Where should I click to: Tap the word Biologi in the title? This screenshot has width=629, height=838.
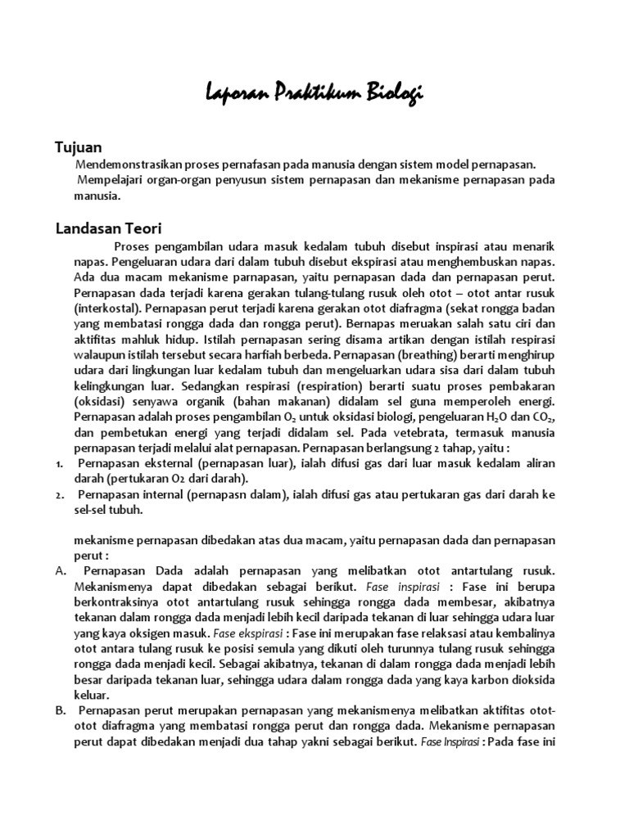(391, 95)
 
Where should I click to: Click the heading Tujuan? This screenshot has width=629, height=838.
(78, 147)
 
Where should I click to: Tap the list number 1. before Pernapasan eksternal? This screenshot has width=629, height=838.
(60, 464)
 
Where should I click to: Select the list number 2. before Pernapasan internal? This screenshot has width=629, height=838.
(60, 495)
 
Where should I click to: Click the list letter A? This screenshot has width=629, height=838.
(60, 571)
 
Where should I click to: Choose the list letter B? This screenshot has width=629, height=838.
(60, 710)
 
